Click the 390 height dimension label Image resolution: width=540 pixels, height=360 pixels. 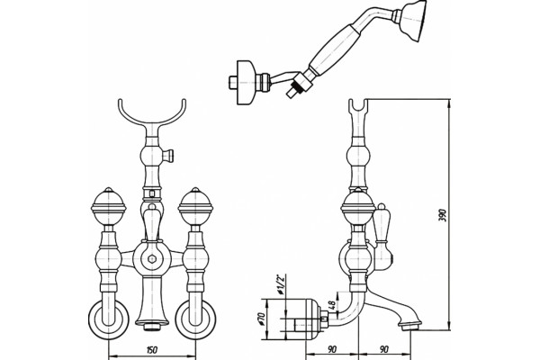(444, 215)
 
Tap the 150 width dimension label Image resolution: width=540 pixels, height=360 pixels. (151, 350)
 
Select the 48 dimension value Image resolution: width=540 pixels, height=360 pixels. (332, 306)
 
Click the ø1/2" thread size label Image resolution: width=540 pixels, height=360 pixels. (281, 285)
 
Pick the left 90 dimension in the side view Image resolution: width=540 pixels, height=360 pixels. (332, 350)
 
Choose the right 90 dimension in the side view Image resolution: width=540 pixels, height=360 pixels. (384, 350)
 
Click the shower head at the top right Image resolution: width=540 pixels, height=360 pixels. (413, 21)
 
